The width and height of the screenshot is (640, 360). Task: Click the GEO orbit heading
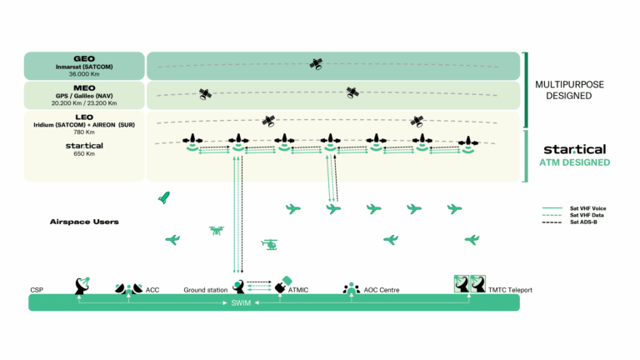(x=84, y=59)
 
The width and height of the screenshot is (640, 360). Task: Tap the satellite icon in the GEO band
(x=316, y=64)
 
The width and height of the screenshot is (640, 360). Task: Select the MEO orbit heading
(x=84, y=88)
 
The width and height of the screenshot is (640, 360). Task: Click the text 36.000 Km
(x=84, y=74)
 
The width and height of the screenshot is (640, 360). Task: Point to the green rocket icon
(x=164, y=197)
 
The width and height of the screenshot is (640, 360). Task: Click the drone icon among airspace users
(x=217, y=231)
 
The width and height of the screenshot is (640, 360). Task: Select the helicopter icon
(x=270, y=244)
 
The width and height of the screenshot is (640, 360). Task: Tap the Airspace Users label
(x=84, y=222)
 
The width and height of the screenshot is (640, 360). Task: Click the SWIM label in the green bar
(x=241, y=302)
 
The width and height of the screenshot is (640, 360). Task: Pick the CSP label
(x=37, y=290)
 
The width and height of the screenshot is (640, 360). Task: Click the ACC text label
(x=152, y=290)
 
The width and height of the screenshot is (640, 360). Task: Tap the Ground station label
(x=205, y=290)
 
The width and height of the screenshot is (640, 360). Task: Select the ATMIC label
(x=298, y=290)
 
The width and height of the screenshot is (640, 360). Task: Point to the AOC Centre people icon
(x=351, y=288)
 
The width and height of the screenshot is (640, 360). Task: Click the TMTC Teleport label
(x=510, y=290)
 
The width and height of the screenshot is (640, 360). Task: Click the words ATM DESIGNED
(x=575, y=162)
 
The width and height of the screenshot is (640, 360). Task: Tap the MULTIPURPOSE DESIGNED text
(x=569, y=90)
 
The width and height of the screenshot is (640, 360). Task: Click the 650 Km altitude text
(x=84, y=154)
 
